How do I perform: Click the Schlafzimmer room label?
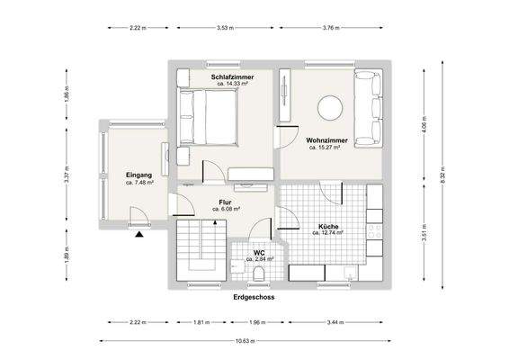(x=232, y=78)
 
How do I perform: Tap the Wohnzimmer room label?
(x=326, y=140)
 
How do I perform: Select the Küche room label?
(x=328, y=226)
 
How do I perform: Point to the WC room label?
(x=258, y=253)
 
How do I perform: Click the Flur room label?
(x=225, y=202)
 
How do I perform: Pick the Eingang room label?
(x=138, y=175)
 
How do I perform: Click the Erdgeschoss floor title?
(x=254, y=296)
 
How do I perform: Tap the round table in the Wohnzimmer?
(x=329, y=108)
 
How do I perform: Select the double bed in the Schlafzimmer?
(x=209, y=118)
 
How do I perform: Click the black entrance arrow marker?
(x=139, y=234)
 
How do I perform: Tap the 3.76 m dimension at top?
(x=330, y=28)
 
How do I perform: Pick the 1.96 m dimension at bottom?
(x=254, y=321)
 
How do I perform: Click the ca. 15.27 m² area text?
(x=326, y=148)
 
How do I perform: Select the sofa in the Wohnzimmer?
(x=369, y=108)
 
